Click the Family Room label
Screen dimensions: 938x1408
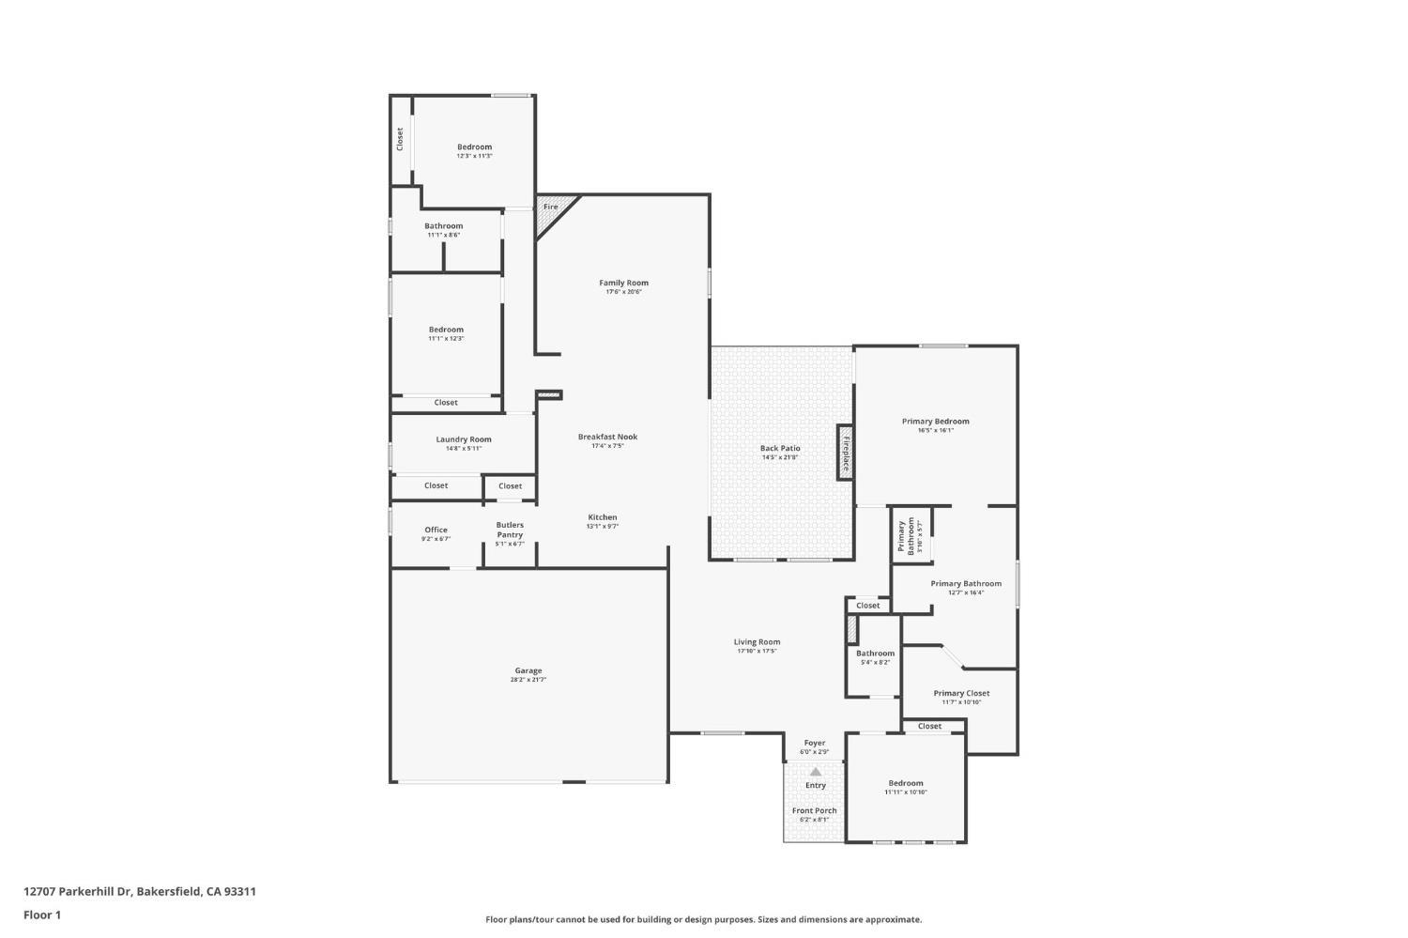pos(623,283)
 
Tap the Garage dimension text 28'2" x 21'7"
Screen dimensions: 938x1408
pos(528,680)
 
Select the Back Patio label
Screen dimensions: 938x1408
pos(780,448)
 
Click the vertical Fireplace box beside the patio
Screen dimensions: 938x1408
pos(845,453)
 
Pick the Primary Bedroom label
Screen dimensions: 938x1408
pos(935,422)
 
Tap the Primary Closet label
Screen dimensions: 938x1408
pos(961,693)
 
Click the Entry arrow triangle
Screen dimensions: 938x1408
pos(816,772)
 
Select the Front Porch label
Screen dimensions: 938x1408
pos(814,810)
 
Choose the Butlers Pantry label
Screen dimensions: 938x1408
pos(510,530)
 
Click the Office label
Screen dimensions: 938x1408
pos(436,530)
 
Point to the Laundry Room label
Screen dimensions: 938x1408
pos(463,439)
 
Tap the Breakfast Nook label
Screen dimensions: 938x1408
pos(607,437)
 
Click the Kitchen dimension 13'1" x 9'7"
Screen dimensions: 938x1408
pos(603,527)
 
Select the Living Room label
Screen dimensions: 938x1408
pos(757,642)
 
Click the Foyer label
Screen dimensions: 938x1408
pos(814,743)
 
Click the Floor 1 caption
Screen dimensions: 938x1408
pos(42,915)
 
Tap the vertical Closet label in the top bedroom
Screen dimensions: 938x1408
pos(400,139)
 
